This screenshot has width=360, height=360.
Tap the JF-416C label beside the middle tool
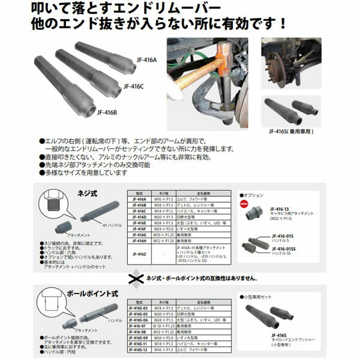[134, 86]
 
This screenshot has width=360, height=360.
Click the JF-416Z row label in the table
[139, 254]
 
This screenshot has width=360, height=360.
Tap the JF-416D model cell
[139, 216]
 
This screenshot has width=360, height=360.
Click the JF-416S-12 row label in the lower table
[139, 349]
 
